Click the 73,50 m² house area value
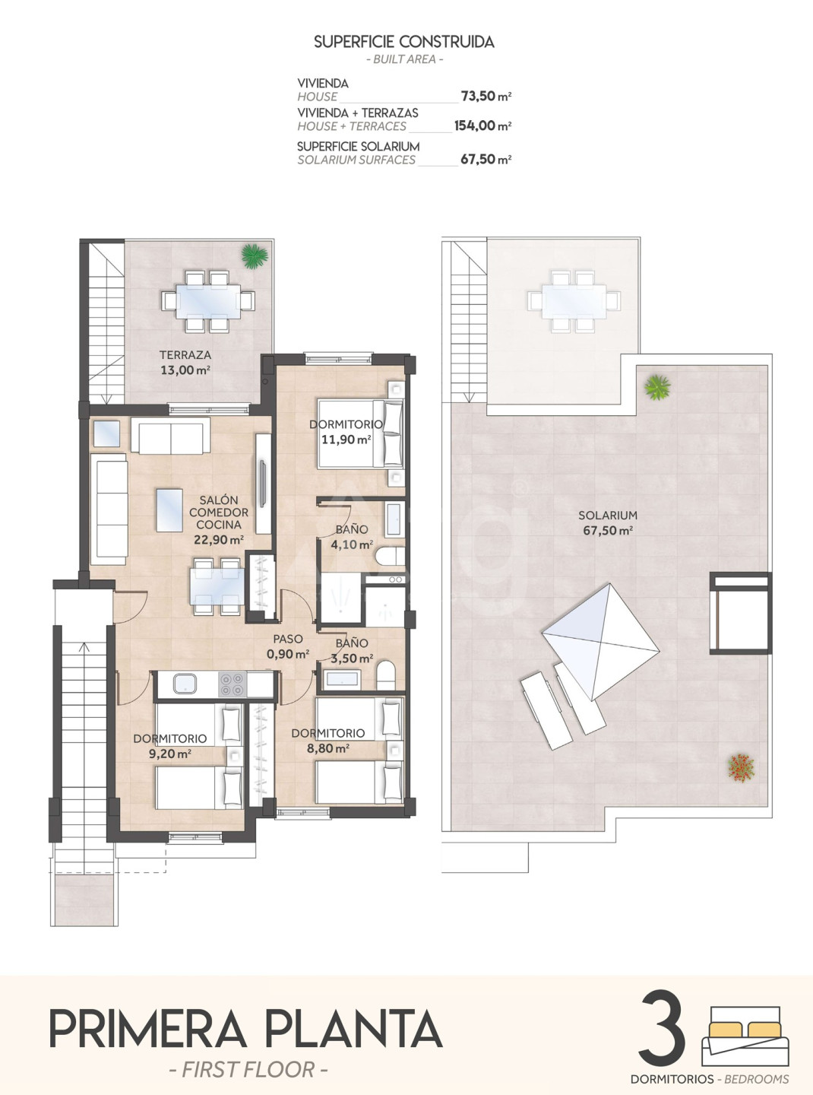point(486,96)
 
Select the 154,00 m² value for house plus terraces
point(482,125)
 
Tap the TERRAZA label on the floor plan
point(185,354)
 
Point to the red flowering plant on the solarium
point(742,766)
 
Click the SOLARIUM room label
point(608,515)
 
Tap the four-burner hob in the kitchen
point(232,684)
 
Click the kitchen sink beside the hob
point(185,684)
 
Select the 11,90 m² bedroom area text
point(346,440)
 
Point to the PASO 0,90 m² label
point(288,646)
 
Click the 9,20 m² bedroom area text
point(170,754)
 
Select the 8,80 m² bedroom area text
point(328,748)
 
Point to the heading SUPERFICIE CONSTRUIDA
point(404,42)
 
